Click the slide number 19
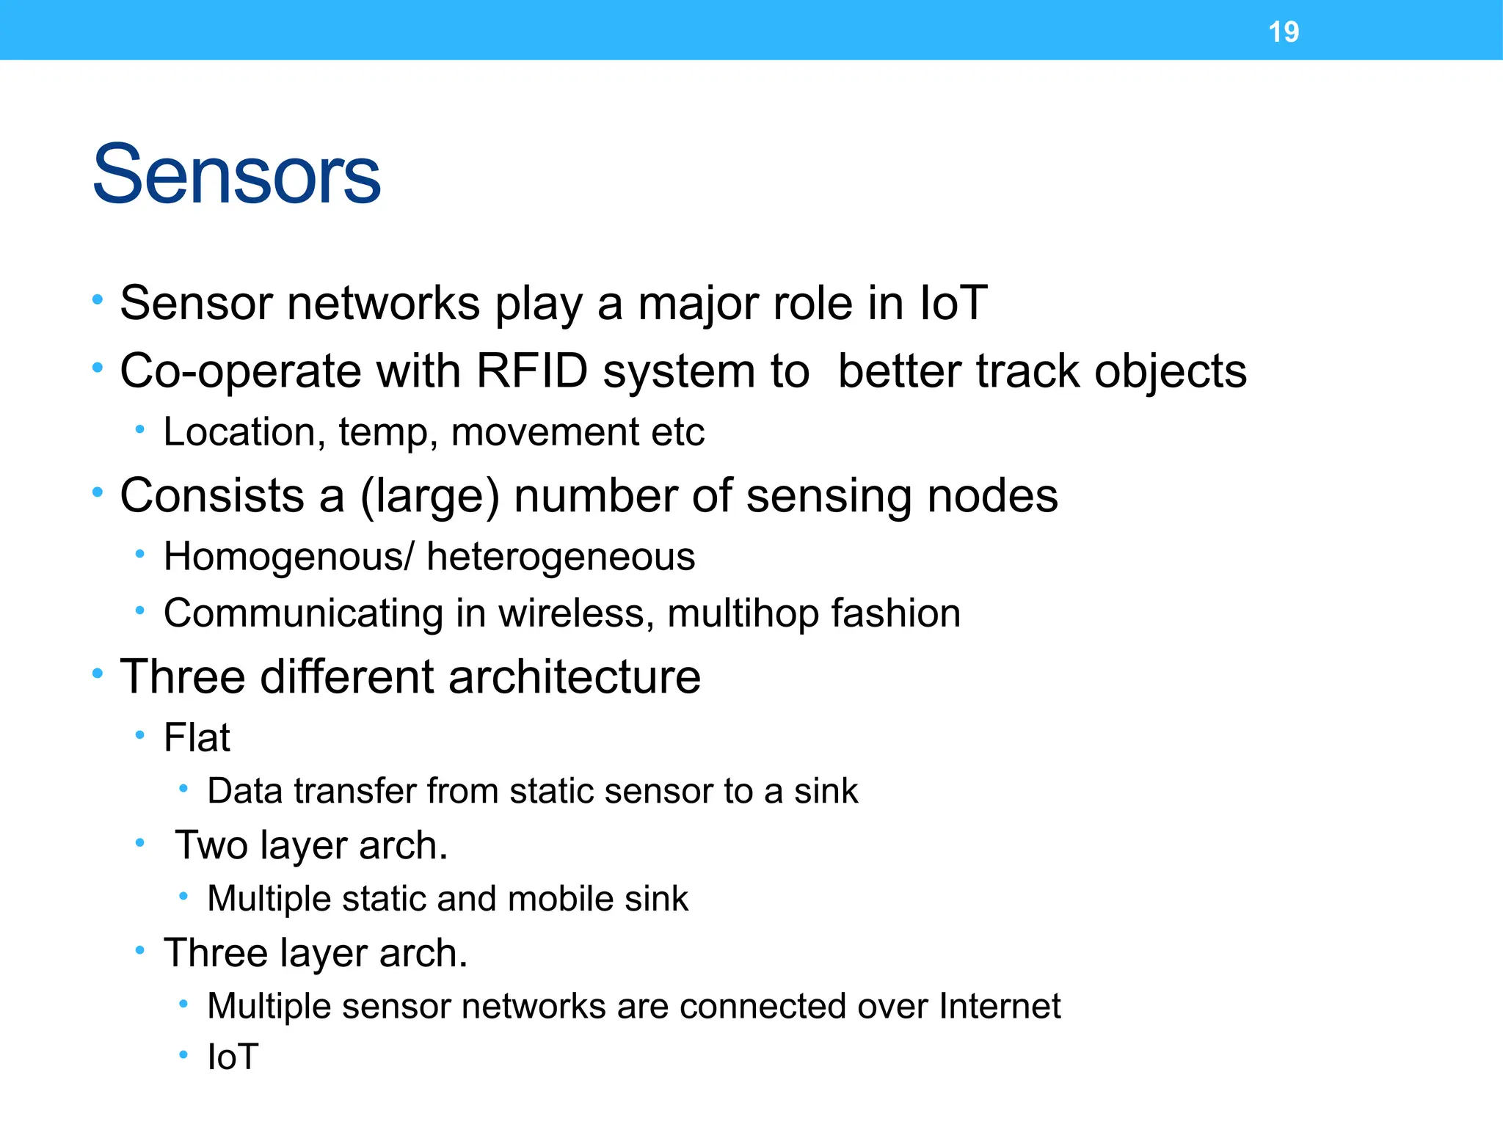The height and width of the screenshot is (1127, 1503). (x=1284, y=32)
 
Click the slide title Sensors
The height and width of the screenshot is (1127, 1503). (x=236, y=175)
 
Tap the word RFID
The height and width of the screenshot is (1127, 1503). (x=532, y=371)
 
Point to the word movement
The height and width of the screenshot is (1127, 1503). (x=545, y=432)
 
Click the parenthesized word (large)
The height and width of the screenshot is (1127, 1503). (x=429, y=497)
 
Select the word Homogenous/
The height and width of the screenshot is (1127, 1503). (x=289, y=556)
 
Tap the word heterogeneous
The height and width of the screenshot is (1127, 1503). (x=561, y=557)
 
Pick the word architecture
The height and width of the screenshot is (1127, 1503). (x=574, y=676)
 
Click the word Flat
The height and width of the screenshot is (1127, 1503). (x=197, y=737)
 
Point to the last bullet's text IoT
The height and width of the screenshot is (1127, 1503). (x=233, y=1057)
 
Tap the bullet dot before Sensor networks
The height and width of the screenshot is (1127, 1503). (x=98, y=300)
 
